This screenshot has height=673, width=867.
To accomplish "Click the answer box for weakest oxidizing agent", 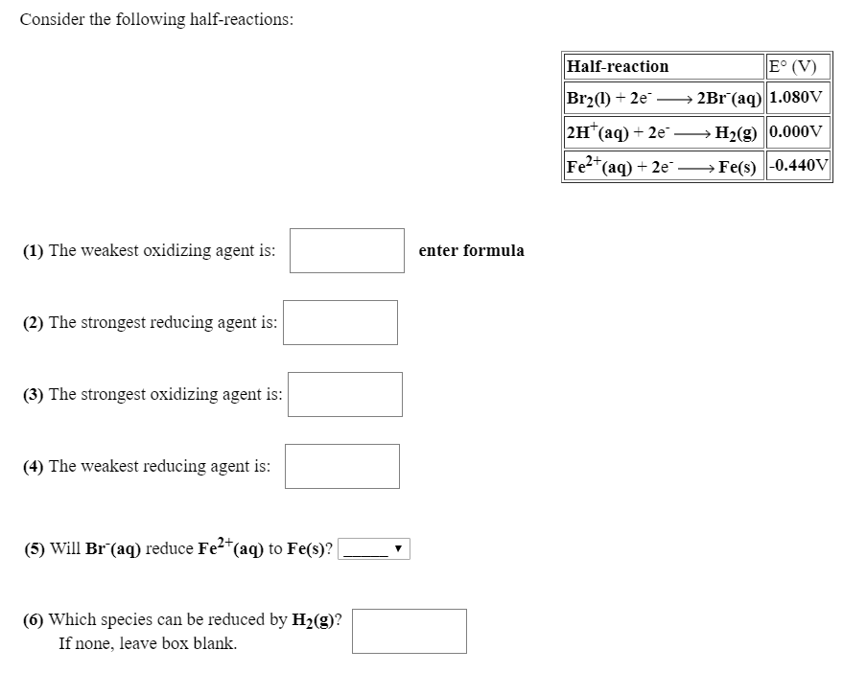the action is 346,250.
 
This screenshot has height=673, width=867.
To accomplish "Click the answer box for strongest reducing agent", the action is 340,322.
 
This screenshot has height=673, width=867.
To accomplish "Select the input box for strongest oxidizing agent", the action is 344,394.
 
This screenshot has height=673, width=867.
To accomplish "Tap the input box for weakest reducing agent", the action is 341,466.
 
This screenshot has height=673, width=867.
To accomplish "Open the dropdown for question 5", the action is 374,549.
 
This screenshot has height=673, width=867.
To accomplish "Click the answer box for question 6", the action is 409,631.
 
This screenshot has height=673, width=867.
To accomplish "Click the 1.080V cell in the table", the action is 798,98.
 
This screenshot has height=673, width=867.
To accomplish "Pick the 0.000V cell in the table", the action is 798,131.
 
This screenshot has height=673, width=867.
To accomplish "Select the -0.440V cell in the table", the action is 798,165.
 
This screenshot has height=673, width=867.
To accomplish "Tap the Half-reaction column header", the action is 619,66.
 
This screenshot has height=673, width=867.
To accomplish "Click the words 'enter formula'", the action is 472,251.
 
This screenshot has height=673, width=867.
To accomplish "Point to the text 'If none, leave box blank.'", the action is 148,643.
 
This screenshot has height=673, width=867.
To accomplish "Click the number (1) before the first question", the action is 34,251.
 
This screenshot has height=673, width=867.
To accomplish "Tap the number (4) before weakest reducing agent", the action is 34,467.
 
